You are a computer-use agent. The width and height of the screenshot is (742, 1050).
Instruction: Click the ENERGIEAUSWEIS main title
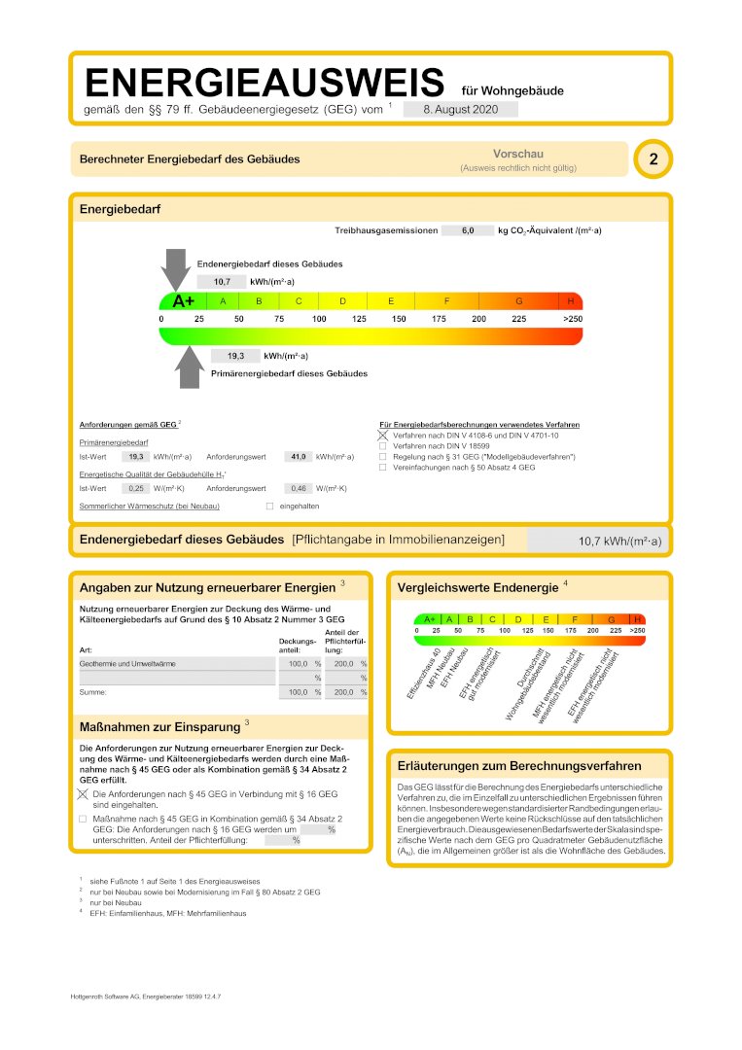point(264,82)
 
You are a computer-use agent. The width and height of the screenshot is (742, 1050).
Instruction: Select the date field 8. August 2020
point(460,110)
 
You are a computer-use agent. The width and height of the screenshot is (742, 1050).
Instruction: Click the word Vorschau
point(518,154)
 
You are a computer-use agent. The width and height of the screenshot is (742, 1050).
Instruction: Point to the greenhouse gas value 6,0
point(467,231)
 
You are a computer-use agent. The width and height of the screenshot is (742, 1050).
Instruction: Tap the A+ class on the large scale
point(183,301)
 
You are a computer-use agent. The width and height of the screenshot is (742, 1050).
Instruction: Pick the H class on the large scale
point(571,301)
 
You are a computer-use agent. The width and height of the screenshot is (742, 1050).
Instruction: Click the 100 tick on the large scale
point(319,319)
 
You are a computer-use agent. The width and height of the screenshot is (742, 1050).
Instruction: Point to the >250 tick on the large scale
point(572,319)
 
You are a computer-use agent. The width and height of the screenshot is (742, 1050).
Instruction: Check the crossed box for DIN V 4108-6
point(383,437)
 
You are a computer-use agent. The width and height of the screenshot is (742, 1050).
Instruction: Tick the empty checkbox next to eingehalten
point(270,506)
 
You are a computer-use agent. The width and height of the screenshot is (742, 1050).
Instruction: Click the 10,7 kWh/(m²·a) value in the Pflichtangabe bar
point(619,542)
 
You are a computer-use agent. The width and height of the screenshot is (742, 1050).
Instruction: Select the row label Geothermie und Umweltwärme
point(121,663)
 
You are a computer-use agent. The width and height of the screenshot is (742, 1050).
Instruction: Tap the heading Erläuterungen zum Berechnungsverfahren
point(519,765)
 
